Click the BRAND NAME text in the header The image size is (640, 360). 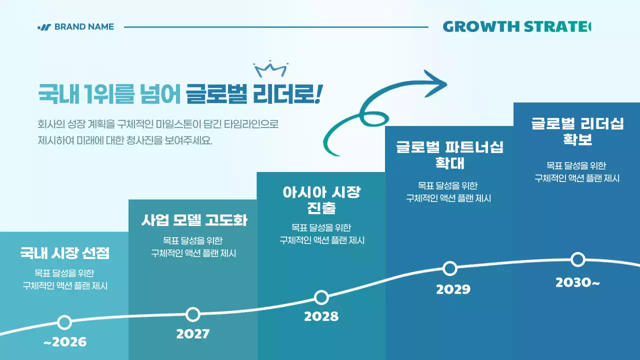[84, 27]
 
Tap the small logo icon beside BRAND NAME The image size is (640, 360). [44, 27]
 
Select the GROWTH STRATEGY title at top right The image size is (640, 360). [516, 27]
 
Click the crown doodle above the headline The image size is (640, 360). [270, 68]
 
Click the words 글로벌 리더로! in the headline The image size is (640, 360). [253, 94]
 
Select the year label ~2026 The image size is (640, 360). [65, 342]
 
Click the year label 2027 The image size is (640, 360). [192, 334]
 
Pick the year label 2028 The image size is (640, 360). [321, 316]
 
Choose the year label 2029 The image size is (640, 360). [453, 289]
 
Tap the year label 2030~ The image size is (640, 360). [577, 283]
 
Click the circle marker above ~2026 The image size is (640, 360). [64, 322]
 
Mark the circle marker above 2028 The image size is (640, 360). [322, 297]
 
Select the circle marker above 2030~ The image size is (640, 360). [578, 259]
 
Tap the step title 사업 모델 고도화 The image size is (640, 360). [194, 220]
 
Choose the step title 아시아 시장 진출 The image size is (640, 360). [321, 200]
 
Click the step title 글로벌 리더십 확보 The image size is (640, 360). [577, 131]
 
